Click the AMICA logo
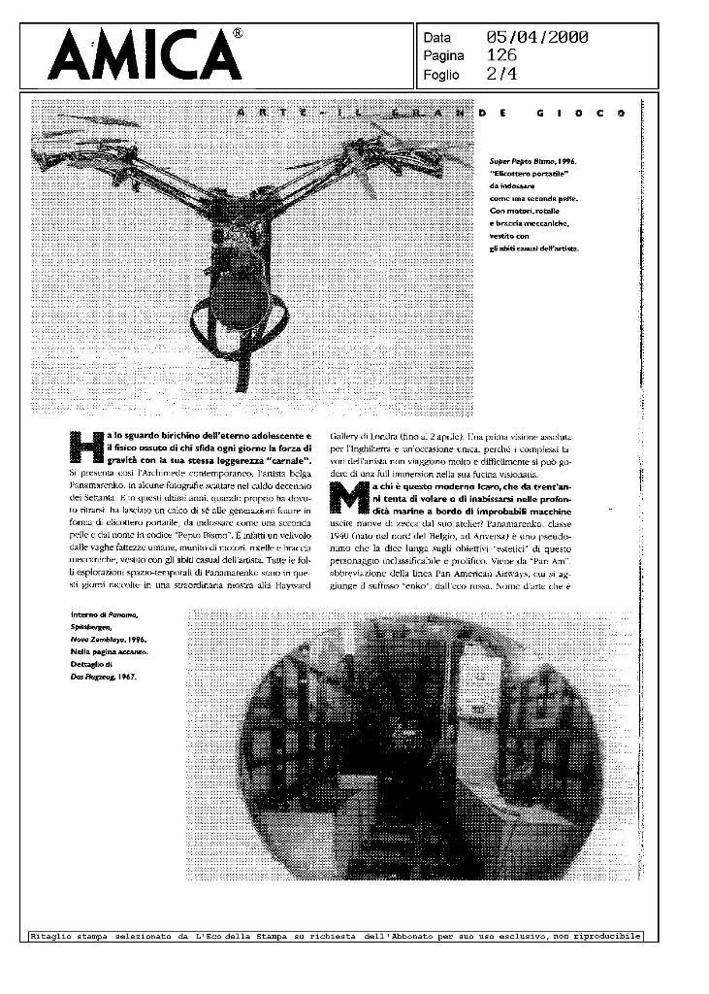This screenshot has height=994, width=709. pyautogui.click(x=145, y=56)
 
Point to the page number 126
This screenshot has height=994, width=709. pyautogui.click(x=501, y=55)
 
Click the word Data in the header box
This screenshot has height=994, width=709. pyautogui.click(x=437, y=38)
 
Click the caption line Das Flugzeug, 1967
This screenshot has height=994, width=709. pyautogui.click(x=104, y=677)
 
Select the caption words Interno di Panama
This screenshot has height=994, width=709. pyautogui.click(x=104, y=615)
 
